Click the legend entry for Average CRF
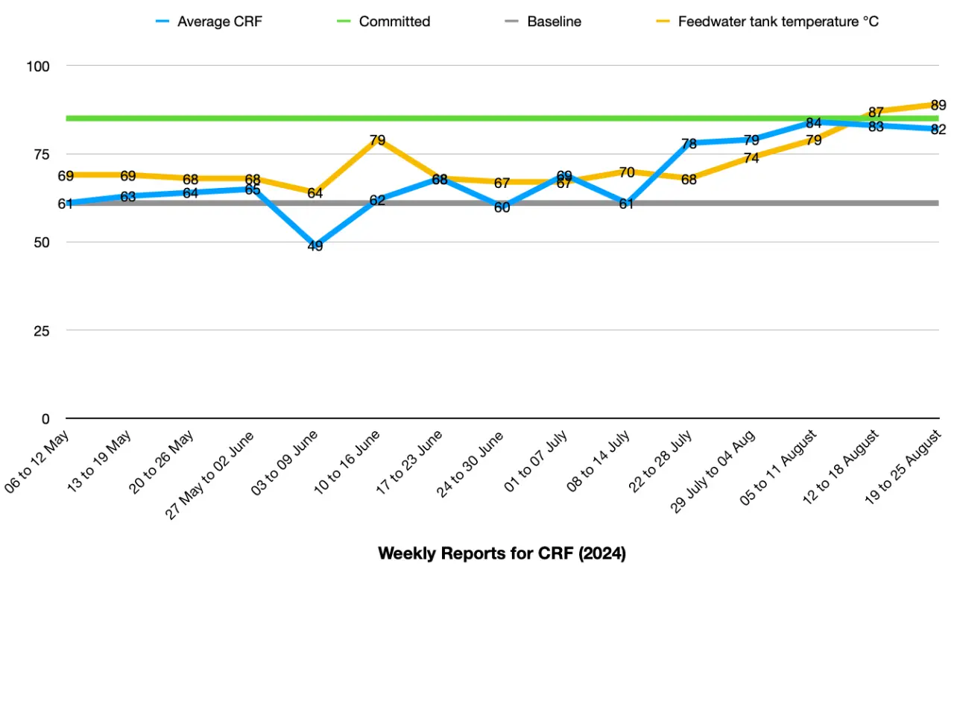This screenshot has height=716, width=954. pyautogui.click(x=219, y=22)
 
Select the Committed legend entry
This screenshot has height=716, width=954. pyautogui.click(x=394, y=22)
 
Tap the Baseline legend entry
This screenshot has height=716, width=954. pyautogui.click(x=554, y=22)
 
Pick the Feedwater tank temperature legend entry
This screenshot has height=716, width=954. pyautogui.click(x=778, y=22)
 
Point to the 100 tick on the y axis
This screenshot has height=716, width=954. pyautogui.click(x=38, y=66)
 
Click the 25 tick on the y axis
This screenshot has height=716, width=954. pyautogui.click(x=42, y=330)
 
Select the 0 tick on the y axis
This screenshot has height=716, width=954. pyautogui.click(x=45, y=418)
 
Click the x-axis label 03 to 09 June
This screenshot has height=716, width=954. pyautogui.click(x=285, y=462)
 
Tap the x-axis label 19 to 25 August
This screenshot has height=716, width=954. pyautogui.click(x=903, y=468)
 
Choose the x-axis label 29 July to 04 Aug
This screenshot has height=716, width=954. pyautogui.click(x=713, y=471)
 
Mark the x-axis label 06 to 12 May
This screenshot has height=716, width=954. pyautogui.click(x=37, y=461)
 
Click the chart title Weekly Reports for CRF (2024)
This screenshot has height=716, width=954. pyautogui.click(x=502, y=553)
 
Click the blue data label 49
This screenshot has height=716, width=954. pyautogui.click(x=315, y=246)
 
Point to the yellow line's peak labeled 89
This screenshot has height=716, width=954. pyautogui.click(x=938, y=105)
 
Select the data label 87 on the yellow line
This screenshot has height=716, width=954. pyautogui.click(x=876, y=113)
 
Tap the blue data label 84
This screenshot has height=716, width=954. pyautogui.click(x=813, y=123)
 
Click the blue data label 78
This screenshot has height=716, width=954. pyautogui.click(x=689, y=143)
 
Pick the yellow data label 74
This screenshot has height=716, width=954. pyautogui.click(x=751, y=158)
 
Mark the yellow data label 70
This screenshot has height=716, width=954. pyautogui.click(x=627, y=172)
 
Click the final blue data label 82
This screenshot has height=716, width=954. pyautogui.click(x=938, y=130)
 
